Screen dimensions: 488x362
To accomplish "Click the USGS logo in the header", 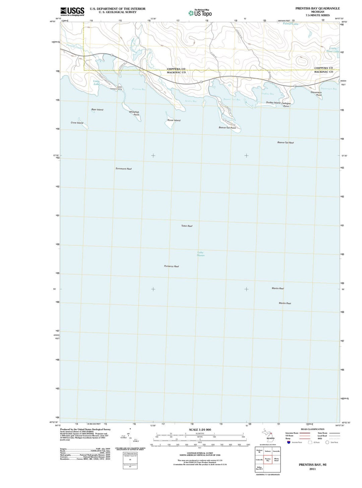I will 72,12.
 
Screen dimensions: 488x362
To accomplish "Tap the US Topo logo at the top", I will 200,13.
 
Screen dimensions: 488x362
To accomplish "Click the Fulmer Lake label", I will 291,24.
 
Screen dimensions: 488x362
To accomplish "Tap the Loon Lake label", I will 97,82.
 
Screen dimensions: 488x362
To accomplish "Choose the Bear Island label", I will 97,110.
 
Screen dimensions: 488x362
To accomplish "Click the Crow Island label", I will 77,123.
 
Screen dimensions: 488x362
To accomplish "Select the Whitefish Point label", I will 134,113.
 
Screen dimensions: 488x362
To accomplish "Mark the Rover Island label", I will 174,120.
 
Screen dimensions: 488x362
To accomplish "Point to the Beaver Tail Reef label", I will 285,143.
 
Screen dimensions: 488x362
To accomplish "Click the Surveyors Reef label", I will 124,169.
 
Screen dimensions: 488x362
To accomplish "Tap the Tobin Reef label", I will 187,226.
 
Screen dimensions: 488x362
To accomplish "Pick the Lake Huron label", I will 200,254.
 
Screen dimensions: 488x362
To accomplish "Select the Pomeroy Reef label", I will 171,266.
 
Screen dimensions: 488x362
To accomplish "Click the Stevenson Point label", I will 316,94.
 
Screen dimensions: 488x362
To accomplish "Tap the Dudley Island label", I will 273,103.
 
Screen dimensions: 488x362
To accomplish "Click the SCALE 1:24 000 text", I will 200,430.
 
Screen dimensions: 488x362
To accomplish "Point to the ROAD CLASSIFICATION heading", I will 312,429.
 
